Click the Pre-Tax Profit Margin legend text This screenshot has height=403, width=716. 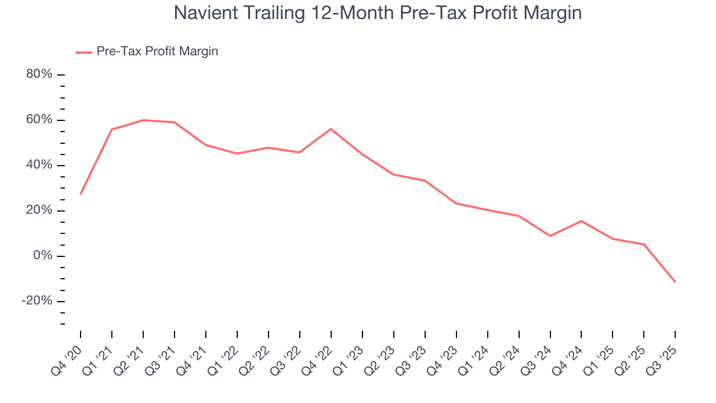[x=157, y=51]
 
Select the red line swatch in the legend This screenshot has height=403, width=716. [x=84, y=52]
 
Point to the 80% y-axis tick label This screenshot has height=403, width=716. [x=39, y=74]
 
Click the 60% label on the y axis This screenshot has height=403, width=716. [x=39, y=120]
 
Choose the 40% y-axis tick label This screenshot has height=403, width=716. [x=39, y=165]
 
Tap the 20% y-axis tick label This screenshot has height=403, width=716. [x=39, y=210]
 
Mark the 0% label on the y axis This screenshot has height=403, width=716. [x=43, y=256]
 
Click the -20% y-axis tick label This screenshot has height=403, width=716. [x=37, y=301]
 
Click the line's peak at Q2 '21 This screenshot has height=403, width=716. [x=143, y=120]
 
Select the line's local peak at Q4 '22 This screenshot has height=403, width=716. [x=331, y=129]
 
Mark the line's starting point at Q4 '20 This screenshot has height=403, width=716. [x=81, y=194]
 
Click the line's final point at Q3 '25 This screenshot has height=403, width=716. [x=675, y=282]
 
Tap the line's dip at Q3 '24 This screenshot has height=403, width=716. [x=550, y=236]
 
